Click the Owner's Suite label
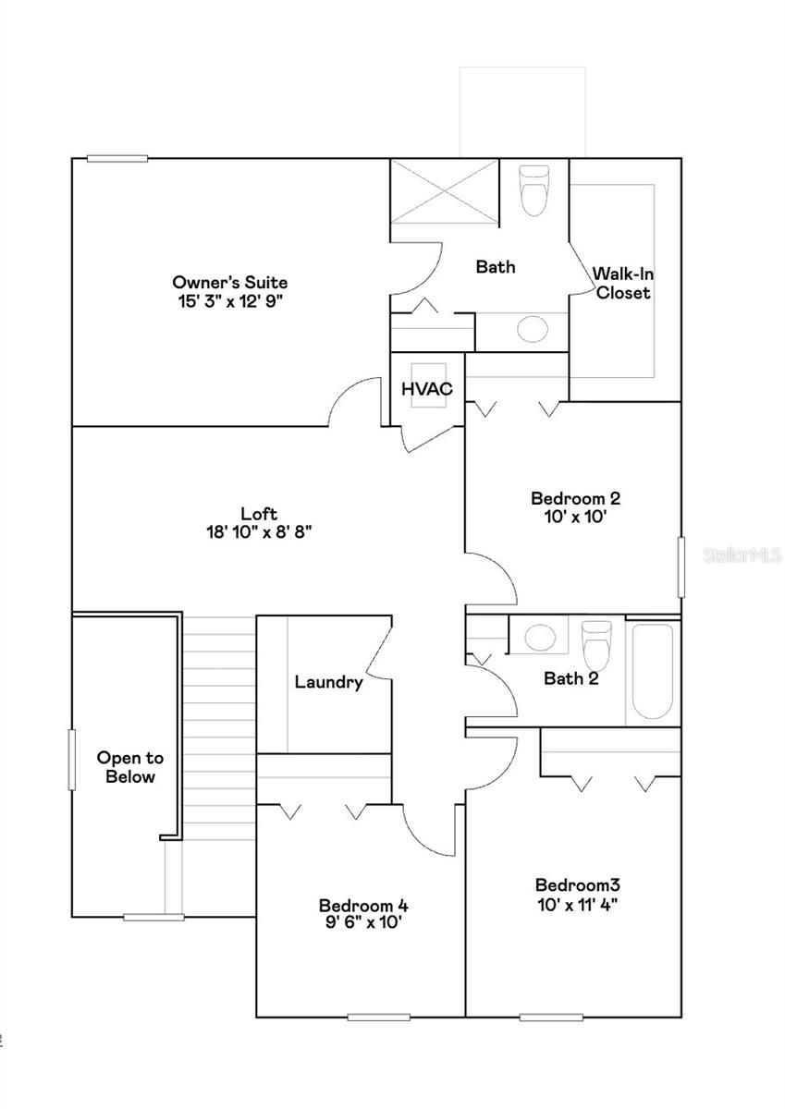click(x=229, y=282)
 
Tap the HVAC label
click(x=426, y=389)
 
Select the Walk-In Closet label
click(x=622, y=283)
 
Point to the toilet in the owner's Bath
click(x=534, y=189)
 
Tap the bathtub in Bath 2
click(x=652, y=672)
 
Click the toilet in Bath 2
click(x=596, y=644)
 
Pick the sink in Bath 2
click(x=539, y=637)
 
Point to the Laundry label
click(x=328, y=682)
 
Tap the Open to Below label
click(x=130, y=767)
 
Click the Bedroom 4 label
click(x=363, y=905)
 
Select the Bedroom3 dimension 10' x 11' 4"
click(x=576, y=901)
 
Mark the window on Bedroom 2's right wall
click(x=681, y=567)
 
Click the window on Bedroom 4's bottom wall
click(x=378, y=1017)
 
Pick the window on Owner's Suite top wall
click(x=117, y=158)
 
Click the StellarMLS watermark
click(x=742, y=554)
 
